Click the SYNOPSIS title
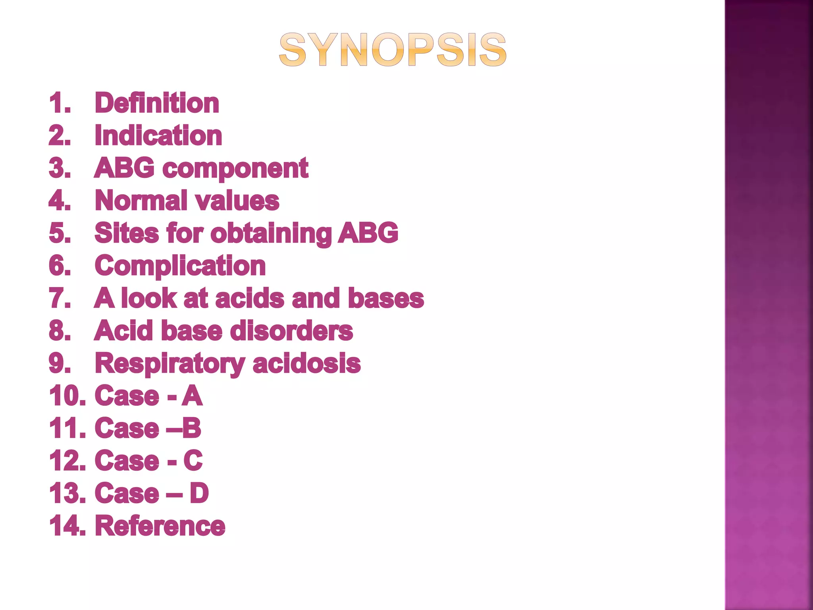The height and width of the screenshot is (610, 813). click(393, 50)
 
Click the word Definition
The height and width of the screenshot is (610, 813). click(157, 103)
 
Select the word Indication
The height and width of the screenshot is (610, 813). click(158, 135)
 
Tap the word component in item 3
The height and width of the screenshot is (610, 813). click(235, 168)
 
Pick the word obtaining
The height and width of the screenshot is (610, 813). click(271, 233)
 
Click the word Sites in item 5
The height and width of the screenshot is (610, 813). click(127, 233)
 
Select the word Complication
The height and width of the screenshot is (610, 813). click(180, 266)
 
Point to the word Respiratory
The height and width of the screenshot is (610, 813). click(170, 363)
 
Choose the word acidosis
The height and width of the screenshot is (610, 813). click(306, 363)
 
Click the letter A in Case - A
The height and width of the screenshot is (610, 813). click(192, 396)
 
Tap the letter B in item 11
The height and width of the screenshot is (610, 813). click(192, 429)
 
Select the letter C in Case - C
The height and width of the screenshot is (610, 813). click(193, 461)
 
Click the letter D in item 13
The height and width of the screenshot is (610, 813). click(199, 494)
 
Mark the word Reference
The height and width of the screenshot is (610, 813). click(160, 526)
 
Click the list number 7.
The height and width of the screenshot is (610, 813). click(60, 298)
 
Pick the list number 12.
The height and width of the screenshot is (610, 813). click(67, 461)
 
